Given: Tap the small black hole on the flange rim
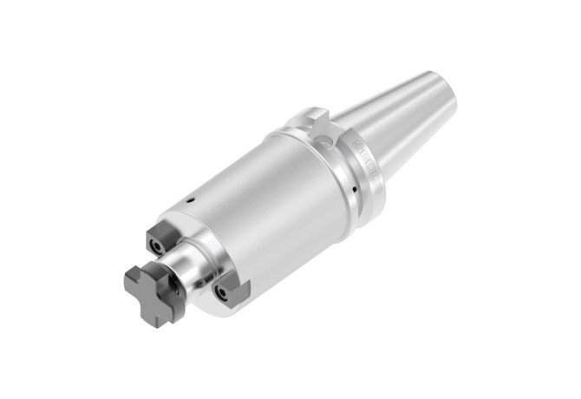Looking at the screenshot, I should pyautogui.click(x=355, y=186).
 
